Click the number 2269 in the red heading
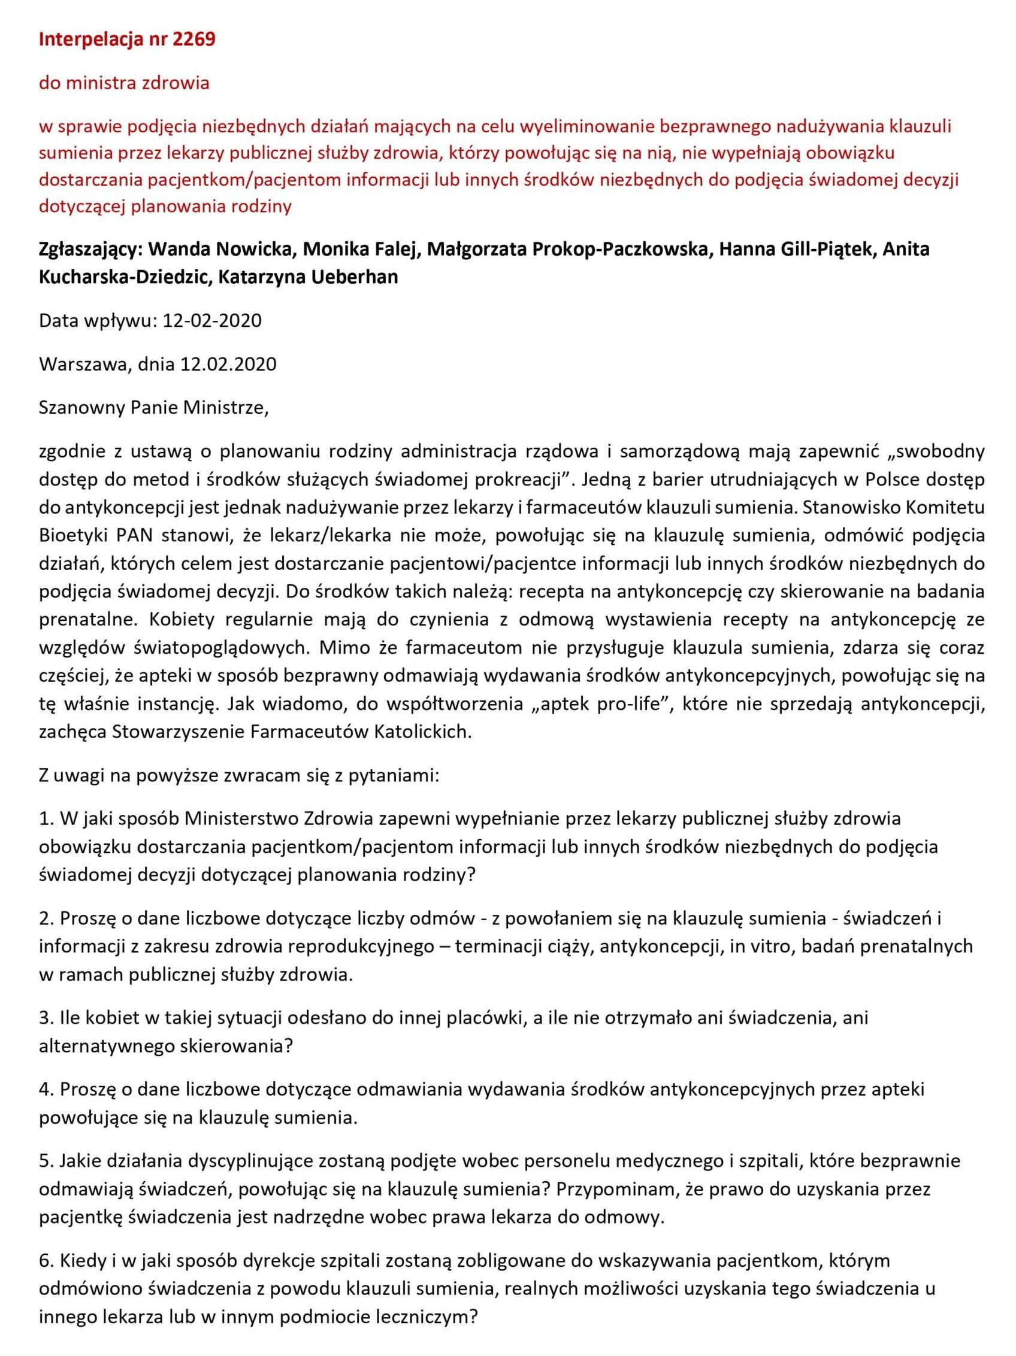pyautogui.click(x=195, y=40)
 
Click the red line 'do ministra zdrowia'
pyautogui.click(x=124, y=82)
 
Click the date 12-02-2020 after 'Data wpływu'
pyautogui.click(x=212, y=320)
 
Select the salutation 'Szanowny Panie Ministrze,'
pyautogui.click(x=153, y=408)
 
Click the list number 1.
pyautogui.click(x=45, y=818)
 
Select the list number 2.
pyautogui.click(x=46, y=918)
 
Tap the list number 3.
pyautogui.click(x=46, y=1018)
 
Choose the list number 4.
pyautogui.click(x=46, y=1090)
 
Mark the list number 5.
pyautogui.click(x=46, y=1160)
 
